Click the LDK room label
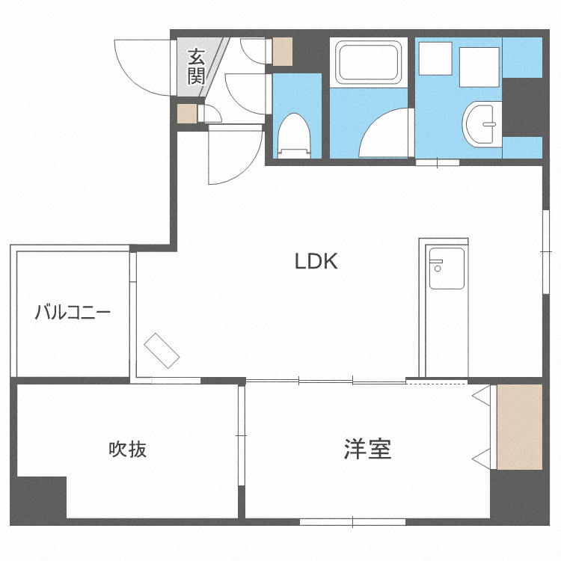coord(316,261)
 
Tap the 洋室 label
coord(367,449)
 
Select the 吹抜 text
coord(127,449)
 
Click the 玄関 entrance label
coord(196,66)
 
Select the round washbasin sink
coord(483,123)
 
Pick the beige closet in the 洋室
coord(520,427)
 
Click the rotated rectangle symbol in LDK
coord(162,350)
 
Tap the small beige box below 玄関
coord(186,114)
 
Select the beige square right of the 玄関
coord(282,50)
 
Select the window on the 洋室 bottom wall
coord(352,521)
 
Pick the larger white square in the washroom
coord(479,66)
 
